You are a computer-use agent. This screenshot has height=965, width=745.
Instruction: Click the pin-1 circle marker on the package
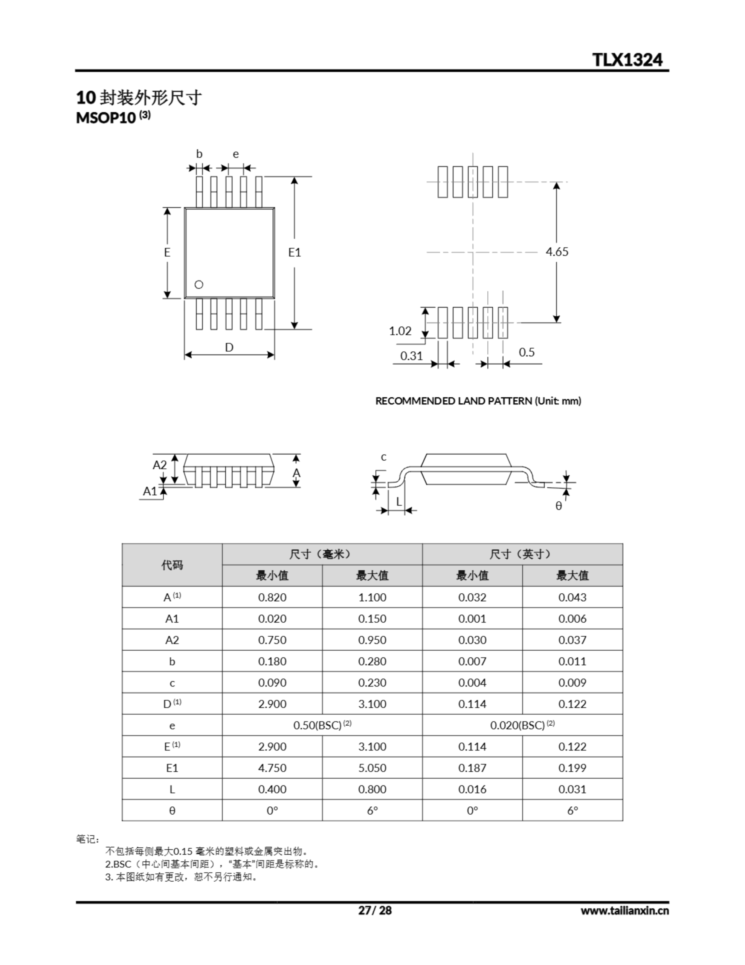click(x=199, y=285)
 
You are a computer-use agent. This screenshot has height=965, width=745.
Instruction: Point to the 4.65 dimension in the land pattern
click(x=557, y=252)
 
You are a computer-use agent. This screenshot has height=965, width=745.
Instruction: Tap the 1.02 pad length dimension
click(x=400, y=331)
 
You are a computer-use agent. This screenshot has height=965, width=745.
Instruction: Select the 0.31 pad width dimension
click(x=411, y=356)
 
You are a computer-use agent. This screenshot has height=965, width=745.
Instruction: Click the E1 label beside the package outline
click(x=295, y=252)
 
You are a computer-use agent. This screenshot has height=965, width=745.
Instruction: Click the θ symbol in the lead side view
click(x=559, y=506)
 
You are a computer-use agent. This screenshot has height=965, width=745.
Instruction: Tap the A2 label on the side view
click(x=159, y=465)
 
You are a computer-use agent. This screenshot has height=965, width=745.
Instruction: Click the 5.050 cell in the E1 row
click(x=372, y=768)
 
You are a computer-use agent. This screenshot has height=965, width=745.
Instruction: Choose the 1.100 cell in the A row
click(x=372, y=597)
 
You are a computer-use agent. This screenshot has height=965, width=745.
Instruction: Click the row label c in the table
click(x=172, y=683)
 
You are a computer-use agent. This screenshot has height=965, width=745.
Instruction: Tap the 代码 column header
click(x=172, y=565)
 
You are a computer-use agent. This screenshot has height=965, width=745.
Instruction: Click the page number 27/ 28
click(x=374, y=910)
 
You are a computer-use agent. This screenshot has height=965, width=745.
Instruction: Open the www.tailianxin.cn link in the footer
click(x=624, y=911)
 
